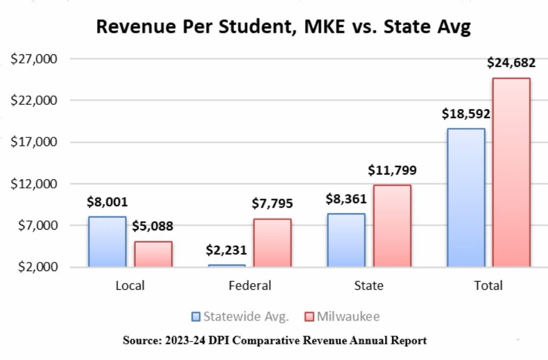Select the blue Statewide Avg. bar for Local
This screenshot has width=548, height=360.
click(x=108, y=241)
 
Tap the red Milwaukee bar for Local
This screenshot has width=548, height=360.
click(x=153, y=254)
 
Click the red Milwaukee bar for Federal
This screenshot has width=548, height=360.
click(x=272, y=242)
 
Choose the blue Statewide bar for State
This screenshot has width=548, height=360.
click(x=346, y=240)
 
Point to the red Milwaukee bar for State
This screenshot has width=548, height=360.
click(x=392, y=226)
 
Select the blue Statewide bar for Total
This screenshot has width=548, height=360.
click(x=466, y=197)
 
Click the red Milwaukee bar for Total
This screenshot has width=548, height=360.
click(x=512, y=172)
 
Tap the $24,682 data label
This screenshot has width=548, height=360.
click(x=511, y=63)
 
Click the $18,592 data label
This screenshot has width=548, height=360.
click(x=466, y=113)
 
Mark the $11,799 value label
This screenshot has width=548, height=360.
click(x=392, y=171)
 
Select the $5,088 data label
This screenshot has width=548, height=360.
click(x=153, y=226)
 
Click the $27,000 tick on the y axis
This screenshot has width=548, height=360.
click(x=34, y=59)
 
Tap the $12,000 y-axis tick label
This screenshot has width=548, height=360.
click(x=34, y=184)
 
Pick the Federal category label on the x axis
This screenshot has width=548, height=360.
click(x=250, y=286)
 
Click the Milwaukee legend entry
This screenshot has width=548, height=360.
click(x=342, y=317)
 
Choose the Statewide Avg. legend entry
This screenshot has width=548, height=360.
click(x=240, y=317)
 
